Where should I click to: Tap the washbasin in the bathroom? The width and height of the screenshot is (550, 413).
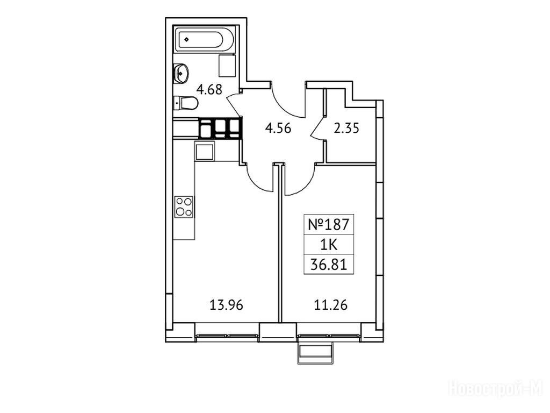pos(182,73)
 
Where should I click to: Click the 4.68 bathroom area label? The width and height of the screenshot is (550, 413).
pos(209,90)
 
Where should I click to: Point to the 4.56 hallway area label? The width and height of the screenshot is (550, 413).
pos(278,128)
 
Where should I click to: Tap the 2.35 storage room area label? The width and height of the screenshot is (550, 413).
pos(346,128)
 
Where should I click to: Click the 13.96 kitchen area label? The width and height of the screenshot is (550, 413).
pos(226,305)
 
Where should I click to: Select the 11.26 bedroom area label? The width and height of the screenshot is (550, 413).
pos(330,305)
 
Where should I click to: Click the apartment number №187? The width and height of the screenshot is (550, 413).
pos(329,224)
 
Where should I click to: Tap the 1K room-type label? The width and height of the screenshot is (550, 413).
pos(329,245)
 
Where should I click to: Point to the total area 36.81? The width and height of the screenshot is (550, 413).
pos(329,265)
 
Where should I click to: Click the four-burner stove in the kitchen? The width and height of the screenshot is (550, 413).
pos(184,206)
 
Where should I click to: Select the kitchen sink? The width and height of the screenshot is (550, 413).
pos(204,152)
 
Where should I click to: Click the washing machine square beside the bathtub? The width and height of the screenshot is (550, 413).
pos(227,65)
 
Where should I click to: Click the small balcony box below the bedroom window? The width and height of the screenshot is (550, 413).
pos(315,353)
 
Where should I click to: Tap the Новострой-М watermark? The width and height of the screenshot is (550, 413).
pos(496,388)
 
